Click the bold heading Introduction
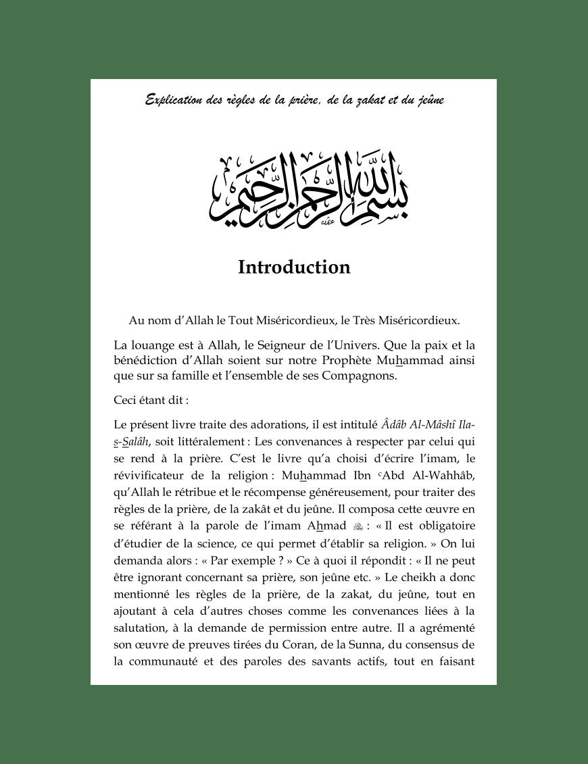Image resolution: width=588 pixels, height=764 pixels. tap(294, 268)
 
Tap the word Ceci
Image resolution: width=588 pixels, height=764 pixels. tap(125, 400)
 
